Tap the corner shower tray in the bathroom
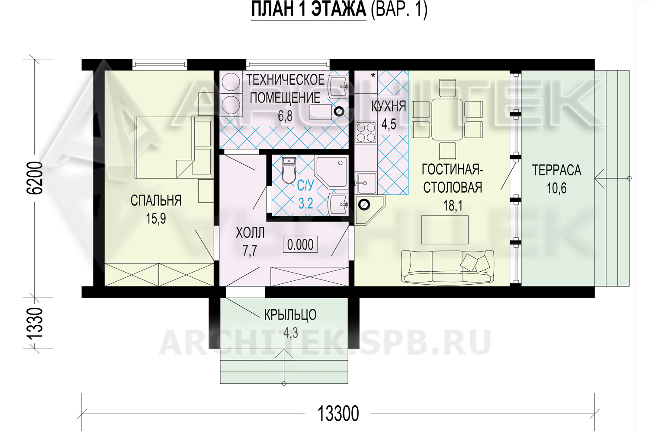(x=331, y=172)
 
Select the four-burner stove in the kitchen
(x=366, y=133)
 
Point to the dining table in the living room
(x=447, y=120)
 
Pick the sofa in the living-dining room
(x=447, y=267)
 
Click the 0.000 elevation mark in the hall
(x=300, y=245)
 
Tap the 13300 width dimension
(x=338, y=414)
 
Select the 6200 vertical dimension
(x=35, y=178)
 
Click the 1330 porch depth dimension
(x=35, y=323)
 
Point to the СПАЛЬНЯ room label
(x=156, y=200)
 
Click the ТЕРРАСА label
(x=556, y=170)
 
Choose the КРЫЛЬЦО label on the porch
(x=290, y=315)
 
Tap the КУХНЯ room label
(x=389, y=106)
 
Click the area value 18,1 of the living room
(x=453, y=206)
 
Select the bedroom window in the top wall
(x=160, y=64)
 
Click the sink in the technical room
(x=338, y=86)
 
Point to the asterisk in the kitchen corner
(x=373, y=76)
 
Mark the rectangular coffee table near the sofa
(x=445, y=230)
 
